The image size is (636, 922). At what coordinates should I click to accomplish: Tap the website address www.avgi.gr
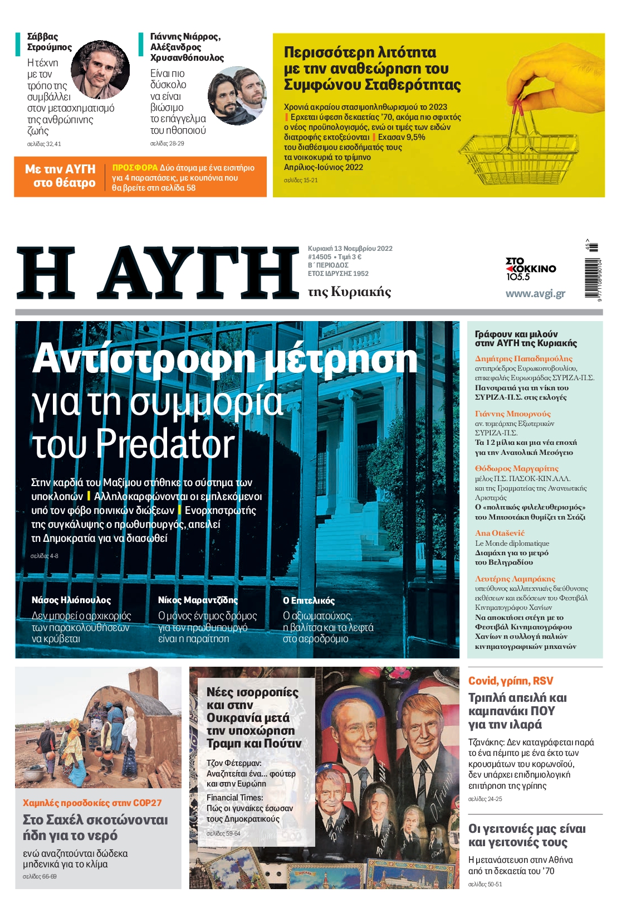pos(535,294)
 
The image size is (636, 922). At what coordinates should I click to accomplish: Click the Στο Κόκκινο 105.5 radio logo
pos(530,269)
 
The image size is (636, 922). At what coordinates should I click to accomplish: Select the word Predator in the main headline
pos(165,444)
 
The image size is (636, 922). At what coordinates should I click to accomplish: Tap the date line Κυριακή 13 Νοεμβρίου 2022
pos(350,249)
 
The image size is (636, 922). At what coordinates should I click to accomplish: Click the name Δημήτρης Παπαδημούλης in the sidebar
pos(523,358)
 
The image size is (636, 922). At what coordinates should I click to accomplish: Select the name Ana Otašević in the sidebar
pos(500,533)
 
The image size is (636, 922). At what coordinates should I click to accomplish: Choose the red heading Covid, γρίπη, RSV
pos(511,681)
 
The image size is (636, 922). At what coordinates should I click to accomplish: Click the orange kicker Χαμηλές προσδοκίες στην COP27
pos(92,803)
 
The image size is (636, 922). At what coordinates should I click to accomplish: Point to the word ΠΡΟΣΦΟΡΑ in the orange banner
pos(135,167)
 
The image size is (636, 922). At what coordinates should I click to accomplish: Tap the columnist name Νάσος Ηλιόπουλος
pos(71,600)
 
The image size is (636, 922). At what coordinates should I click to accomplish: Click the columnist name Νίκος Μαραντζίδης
pos(198,600)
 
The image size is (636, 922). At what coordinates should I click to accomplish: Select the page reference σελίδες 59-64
pos(223,833)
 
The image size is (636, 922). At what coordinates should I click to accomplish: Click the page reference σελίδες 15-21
pos(301,180)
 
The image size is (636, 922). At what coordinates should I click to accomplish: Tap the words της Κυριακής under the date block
pos(349,292)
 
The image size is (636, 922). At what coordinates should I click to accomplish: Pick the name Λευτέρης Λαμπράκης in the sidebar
pos(515,579)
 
